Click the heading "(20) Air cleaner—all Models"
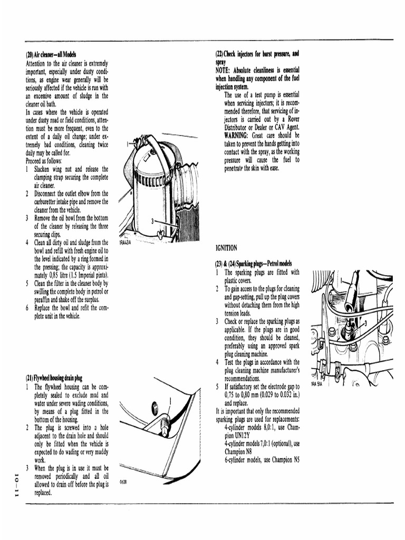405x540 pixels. (51, 55)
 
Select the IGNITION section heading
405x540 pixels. (226, 248)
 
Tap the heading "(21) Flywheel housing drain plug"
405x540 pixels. (54, 378)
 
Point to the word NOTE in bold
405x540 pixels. (225, 71)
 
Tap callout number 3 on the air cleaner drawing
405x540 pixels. (152, 221)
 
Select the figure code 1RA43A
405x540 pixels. (124, 243)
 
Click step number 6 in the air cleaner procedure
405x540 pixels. (27, 307)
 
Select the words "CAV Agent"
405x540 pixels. (285, 127)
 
